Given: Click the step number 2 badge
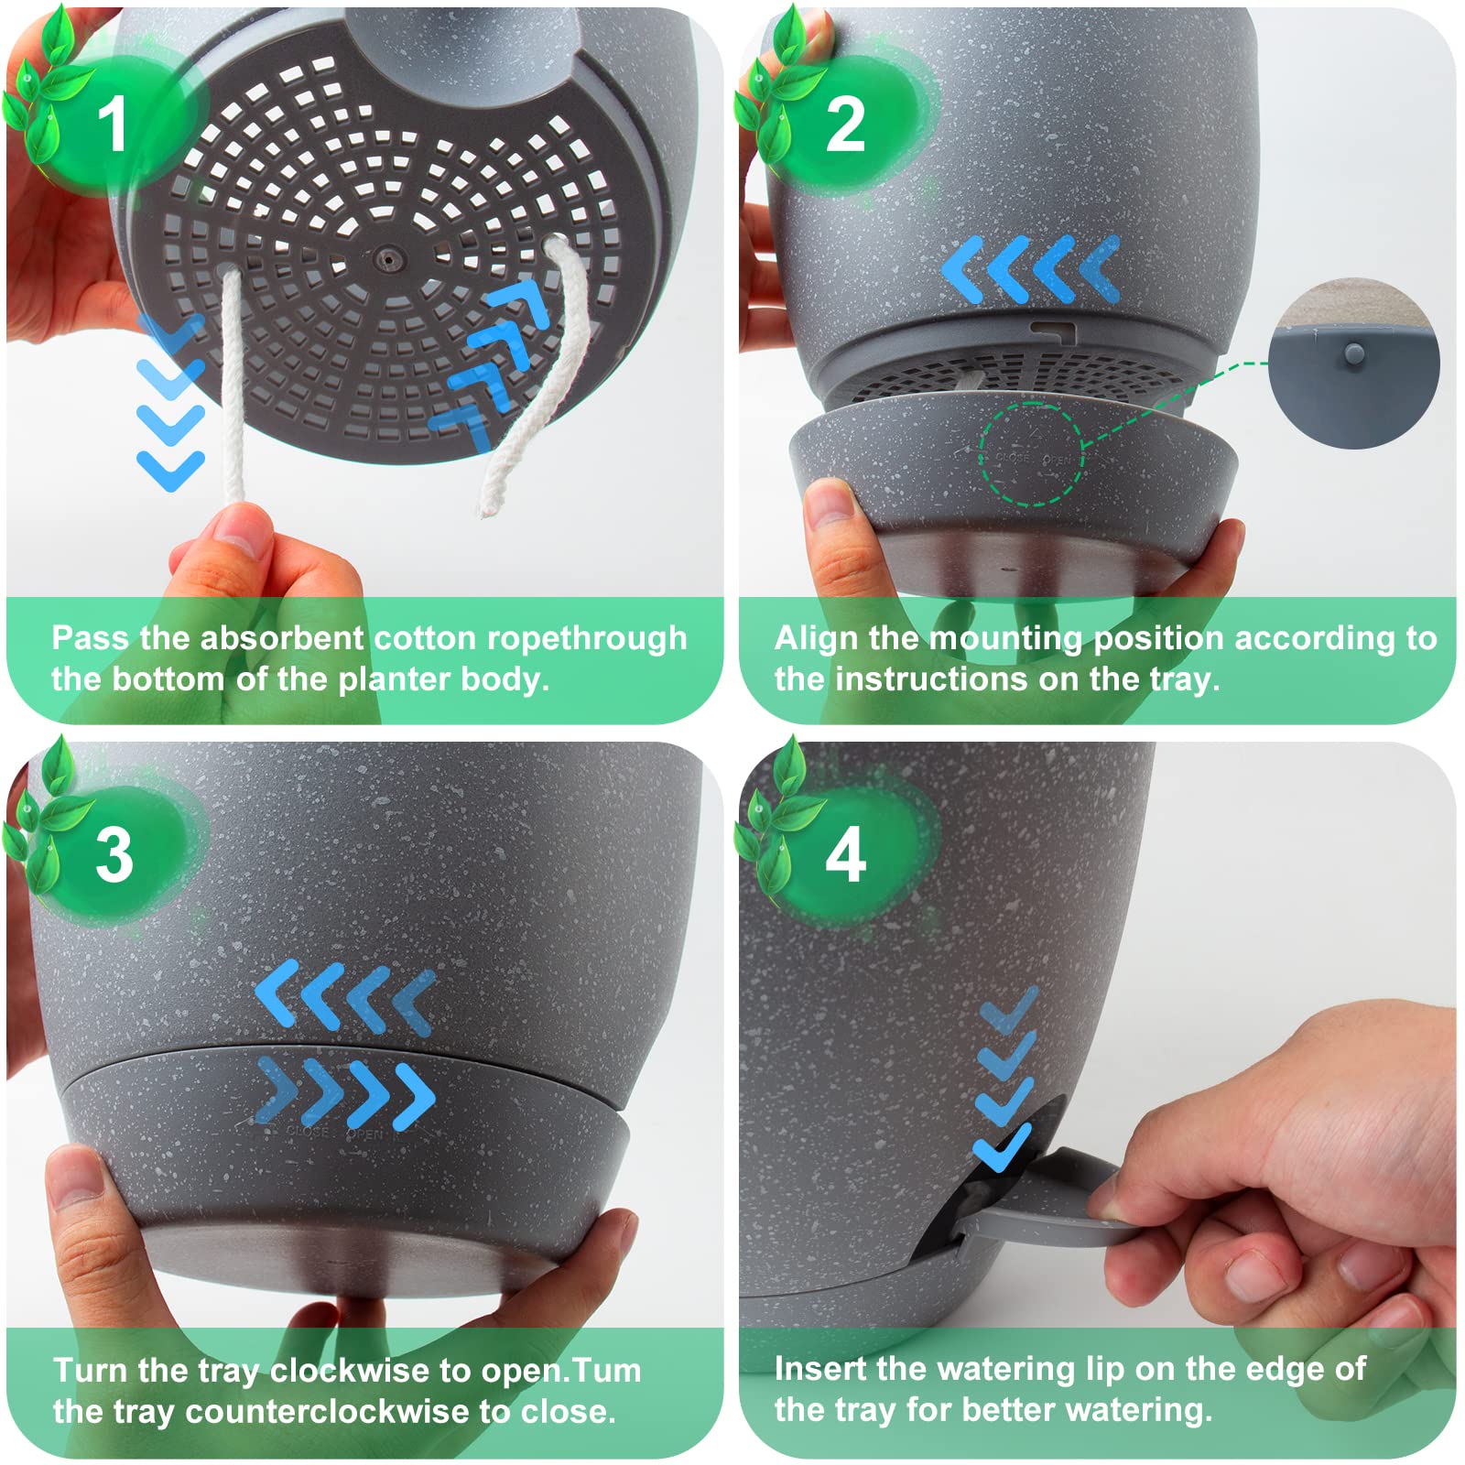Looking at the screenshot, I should (x=844, y=124).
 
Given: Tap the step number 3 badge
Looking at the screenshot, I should (x=114, y=855).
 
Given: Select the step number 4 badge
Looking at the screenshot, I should (x=845, y=855).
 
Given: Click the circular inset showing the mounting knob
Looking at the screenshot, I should (x=1353, y=363).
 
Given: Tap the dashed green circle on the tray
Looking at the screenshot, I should (x=1032, y=453).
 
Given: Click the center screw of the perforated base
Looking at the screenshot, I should (x=388, y=259).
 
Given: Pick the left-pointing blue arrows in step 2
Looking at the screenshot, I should (x=1030, y=269).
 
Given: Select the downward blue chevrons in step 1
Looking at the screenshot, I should (x=170, y=403).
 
